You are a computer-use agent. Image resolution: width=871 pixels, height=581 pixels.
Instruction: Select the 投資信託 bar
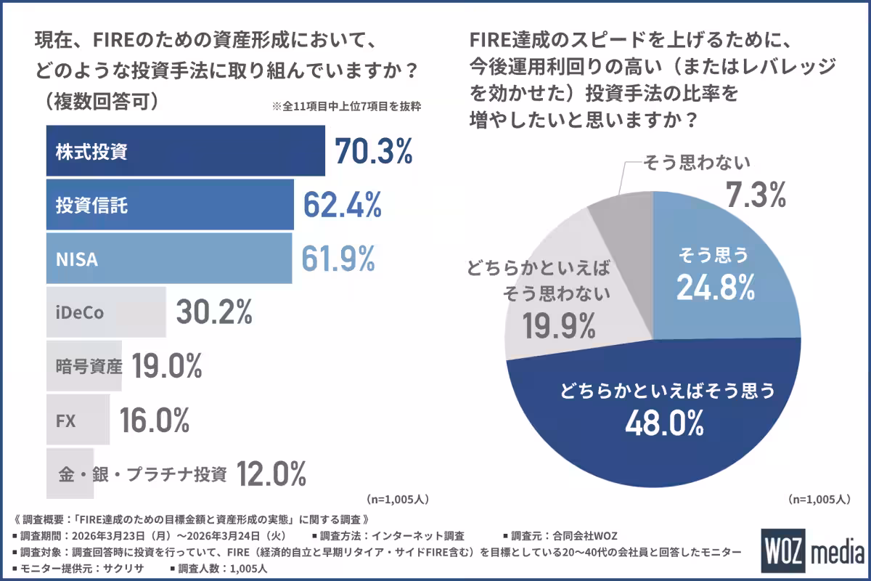pyautogui.click(x=170, y=206)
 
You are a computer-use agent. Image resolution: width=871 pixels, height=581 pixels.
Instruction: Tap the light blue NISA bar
pyautogui.click(x=168, y=259)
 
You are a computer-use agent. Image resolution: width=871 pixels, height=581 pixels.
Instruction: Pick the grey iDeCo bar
pyautogui.click(x=106, y=312)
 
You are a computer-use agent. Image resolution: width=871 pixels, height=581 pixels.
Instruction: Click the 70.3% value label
pyautogui.click(x=374, y=151)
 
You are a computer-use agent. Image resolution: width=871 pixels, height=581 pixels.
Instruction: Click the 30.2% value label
pyautogui.click(x=214, y=312)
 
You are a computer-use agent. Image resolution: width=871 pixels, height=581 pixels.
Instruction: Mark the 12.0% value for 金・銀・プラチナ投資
pyautogui.click(x=272, y=474)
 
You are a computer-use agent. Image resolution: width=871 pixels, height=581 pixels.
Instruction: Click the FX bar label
pyautogui.click(x=66, y=420)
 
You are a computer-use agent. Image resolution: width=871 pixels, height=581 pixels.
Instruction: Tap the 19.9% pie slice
pyautogui.click(x=559, y=305)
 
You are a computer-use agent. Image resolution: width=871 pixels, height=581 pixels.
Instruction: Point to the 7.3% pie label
pyautogui.click(x=756, y=195)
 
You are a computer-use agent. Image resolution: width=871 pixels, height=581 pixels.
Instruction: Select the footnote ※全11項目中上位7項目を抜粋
pyautogui.click(x=347, y=106)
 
